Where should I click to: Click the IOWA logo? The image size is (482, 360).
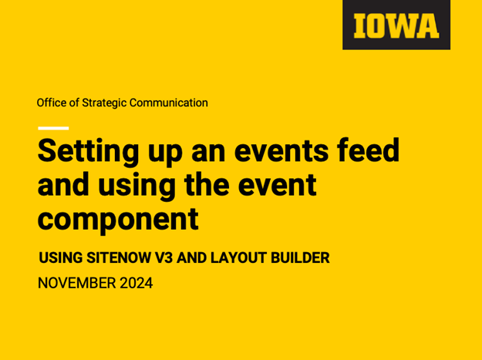point(396,25)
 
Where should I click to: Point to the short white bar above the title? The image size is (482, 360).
point(52,128)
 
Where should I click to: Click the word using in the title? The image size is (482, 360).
point(139,185)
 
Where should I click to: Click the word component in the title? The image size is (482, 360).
point(118,220)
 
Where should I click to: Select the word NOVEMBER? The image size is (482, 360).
point(76,283)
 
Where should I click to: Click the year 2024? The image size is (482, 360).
point(136,283)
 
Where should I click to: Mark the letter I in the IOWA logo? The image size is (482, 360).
point(360,25)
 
